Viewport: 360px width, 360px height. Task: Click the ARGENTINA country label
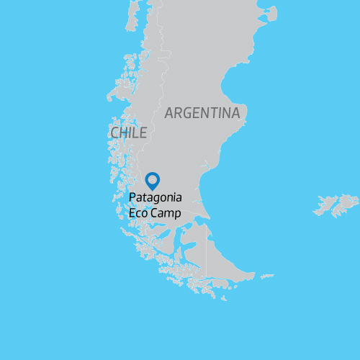tap(202, 113)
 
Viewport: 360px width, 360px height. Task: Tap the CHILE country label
tap(129, 132)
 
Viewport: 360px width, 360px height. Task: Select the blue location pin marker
tap(153, 180)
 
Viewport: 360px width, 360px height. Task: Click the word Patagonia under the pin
tap(156, 197)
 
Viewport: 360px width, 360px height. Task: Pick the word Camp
tap(166, 213)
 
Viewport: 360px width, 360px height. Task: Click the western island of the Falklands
tap(326, 208)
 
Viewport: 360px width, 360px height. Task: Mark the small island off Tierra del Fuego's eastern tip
tap(267, 276)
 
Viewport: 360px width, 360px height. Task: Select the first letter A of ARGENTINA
tap(170, 113)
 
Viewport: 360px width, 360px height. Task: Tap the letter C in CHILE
tap(115, 132)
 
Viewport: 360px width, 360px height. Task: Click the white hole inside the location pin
tap(153, 178)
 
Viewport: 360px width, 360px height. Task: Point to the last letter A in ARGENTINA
tap(235, 113)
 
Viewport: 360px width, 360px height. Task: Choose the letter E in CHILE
tap(143, 132)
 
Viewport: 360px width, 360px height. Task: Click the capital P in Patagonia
tap(132, 197)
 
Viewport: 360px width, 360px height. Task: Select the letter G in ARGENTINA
tap(189, 113)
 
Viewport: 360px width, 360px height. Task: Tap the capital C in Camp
tap(153, 213)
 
